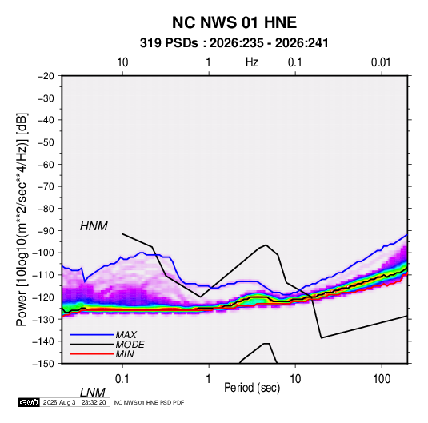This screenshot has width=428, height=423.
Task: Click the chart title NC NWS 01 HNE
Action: point(234,22)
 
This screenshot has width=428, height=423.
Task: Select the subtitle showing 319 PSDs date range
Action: point(234,43)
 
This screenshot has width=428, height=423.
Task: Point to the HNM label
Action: point(94,226)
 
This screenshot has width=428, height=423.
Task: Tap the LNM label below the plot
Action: point(92,393)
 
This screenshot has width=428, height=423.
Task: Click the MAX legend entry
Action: point(126,334)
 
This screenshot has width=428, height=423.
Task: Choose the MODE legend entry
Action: point(130,345)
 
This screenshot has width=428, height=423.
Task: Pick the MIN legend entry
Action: point(125,354)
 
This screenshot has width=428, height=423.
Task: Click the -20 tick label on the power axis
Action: point(46,76)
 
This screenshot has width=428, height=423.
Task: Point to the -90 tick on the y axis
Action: point(46,231)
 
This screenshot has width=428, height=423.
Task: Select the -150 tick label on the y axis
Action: point(43,364)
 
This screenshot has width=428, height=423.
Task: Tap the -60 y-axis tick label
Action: point(46,165)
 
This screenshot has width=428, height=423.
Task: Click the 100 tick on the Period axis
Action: point(382,379)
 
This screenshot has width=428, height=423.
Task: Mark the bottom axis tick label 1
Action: point(209,379)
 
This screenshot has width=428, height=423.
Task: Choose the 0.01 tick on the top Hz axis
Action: point(381,62)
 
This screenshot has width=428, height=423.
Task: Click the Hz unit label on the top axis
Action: point(252,62)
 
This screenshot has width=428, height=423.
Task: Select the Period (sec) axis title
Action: point(252,388)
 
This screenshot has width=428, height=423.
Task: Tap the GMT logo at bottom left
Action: point(29,402)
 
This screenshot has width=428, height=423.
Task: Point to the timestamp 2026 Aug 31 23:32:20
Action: point(74,402)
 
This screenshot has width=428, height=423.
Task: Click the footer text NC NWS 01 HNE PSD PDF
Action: point(149,402)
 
